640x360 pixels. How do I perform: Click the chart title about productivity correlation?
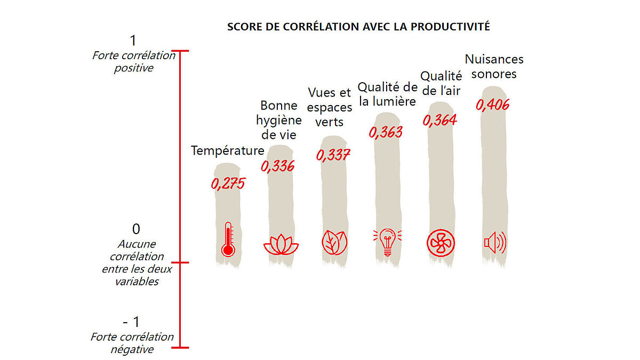click(358, 27)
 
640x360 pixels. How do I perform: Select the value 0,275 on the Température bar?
click(228, 184)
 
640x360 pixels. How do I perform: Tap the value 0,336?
click(277, 166)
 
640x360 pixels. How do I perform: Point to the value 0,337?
click(333, 155)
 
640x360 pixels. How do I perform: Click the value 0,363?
click(386, 132)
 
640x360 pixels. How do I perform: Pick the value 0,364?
click(440, 120)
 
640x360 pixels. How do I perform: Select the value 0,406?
click(492, 105)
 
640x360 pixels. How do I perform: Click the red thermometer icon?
click(228, 241)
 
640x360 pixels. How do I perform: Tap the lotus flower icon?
click(281, 244)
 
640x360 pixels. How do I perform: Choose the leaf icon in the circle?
click(334, 242)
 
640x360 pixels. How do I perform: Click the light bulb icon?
click(388, 241)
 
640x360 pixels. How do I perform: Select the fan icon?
click(441, 243)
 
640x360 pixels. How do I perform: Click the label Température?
click(228, 151)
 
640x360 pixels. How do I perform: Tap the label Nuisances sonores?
click(494, 67)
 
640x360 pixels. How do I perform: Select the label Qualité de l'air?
click(441, 84)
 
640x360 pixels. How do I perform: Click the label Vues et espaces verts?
click(330, 107)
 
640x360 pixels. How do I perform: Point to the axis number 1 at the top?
click(133, 41)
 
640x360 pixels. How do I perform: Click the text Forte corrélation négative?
click(132, 343)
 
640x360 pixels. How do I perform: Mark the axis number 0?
click(136, 229)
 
